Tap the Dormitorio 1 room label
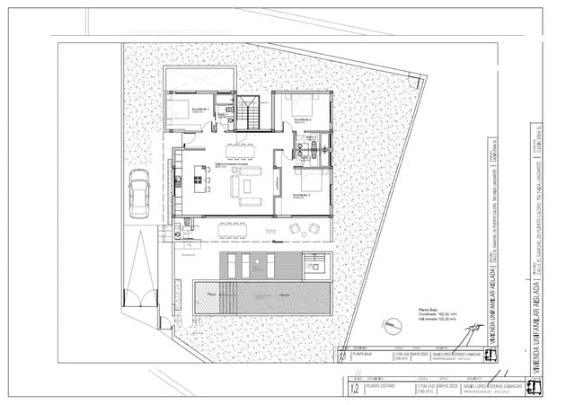(199, 109)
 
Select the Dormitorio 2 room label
(303, 119)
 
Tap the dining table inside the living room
(240, 148)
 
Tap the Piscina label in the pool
(212, 294)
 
